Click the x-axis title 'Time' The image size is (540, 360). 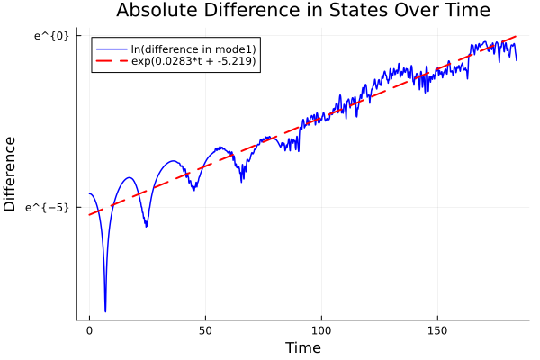click(x=303, y=347)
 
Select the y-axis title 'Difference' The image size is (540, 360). click(x=11, y=174)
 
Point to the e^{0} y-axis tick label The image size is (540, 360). click(x=51, y=36)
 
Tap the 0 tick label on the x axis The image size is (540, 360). click(x=89, y=331)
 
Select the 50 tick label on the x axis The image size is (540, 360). click(x=205, y=331)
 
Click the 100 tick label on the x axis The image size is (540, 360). click(x=321, y=331)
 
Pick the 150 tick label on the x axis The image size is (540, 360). click(x=437, y=331)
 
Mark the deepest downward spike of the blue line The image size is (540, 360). click(x=105, y=311)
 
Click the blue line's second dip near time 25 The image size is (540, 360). click(x=146, y=226)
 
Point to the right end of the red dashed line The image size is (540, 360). click(x=517, y=36)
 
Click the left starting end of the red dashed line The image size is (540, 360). click(x=89, y=214)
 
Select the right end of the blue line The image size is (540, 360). click(x=517, y=60)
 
